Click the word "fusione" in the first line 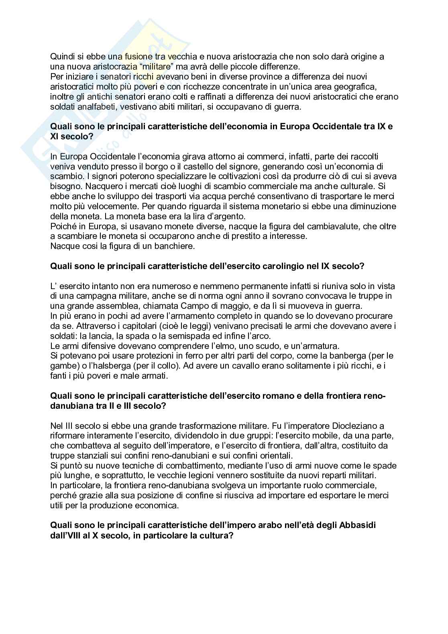click(x=132, y=57)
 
